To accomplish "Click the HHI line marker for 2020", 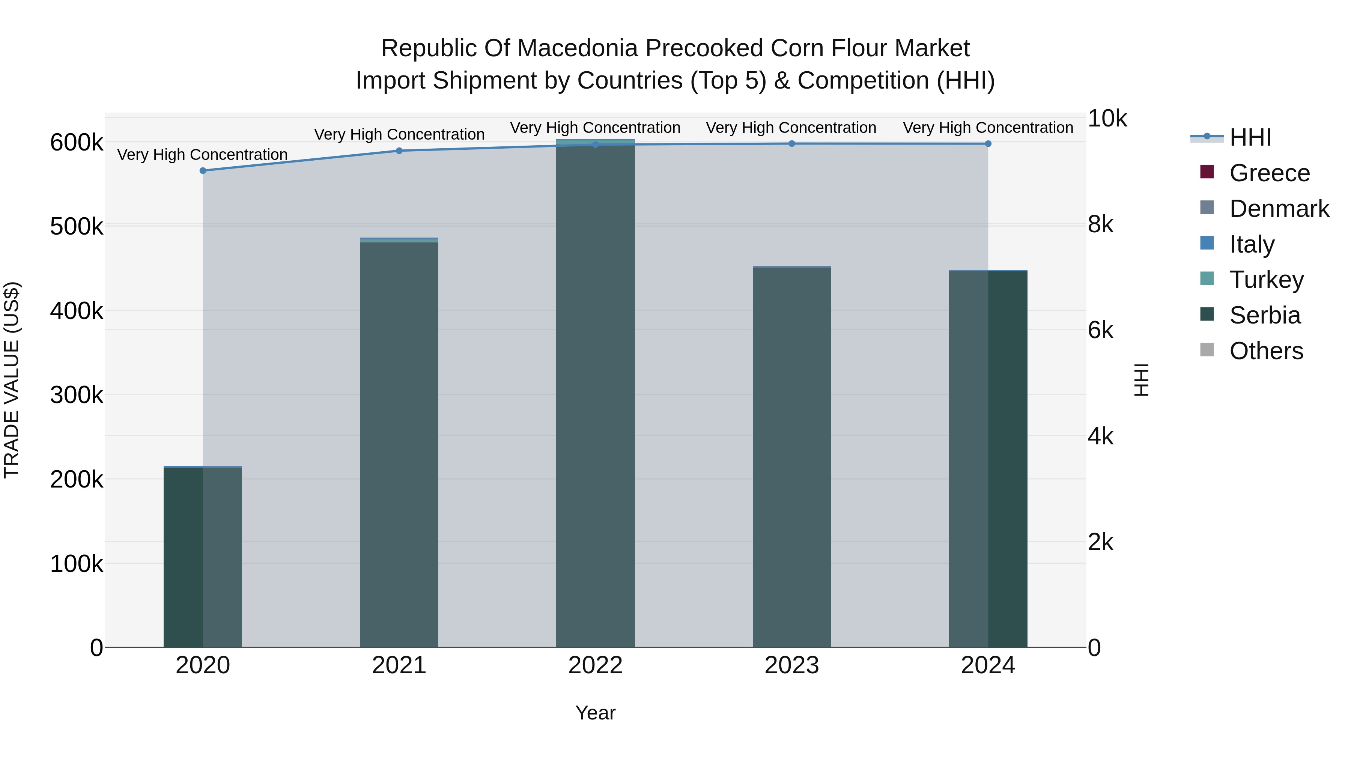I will [x=203, y=170].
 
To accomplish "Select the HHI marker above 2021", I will [x=399, y=150].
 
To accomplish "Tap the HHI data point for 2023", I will [x=792, y=144].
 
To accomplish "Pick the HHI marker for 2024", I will [x=988, y=144].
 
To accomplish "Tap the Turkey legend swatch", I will [x=1207, y=278].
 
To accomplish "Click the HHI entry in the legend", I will [x=1250, y=137].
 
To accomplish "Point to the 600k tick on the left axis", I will [x=77, y=142].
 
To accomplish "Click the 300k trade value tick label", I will [x=77, y=395].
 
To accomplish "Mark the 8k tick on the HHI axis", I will [x=1100, y=224].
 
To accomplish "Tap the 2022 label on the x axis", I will [x=595, y=665].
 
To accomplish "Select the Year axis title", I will [x=595, y=713].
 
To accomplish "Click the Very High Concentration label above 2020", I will [x=202, y=155].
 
